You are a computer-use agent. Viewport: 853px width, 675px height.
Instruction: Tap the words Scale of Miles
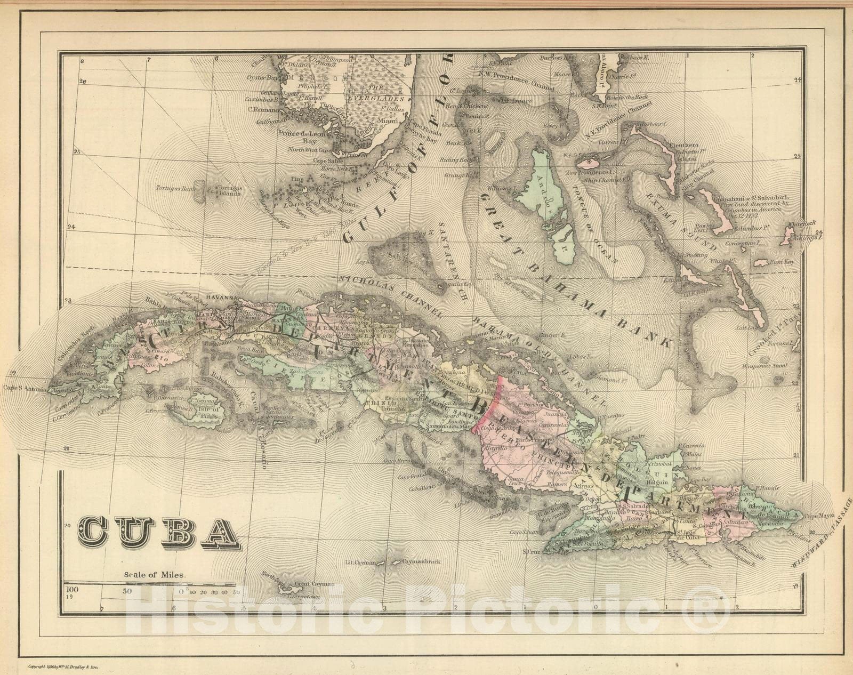pyautogui.click(x=155, y=575)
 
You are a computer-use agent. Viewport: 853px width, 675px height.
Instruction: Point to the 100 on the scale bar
pyautogui.click(x=73, y=590)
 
